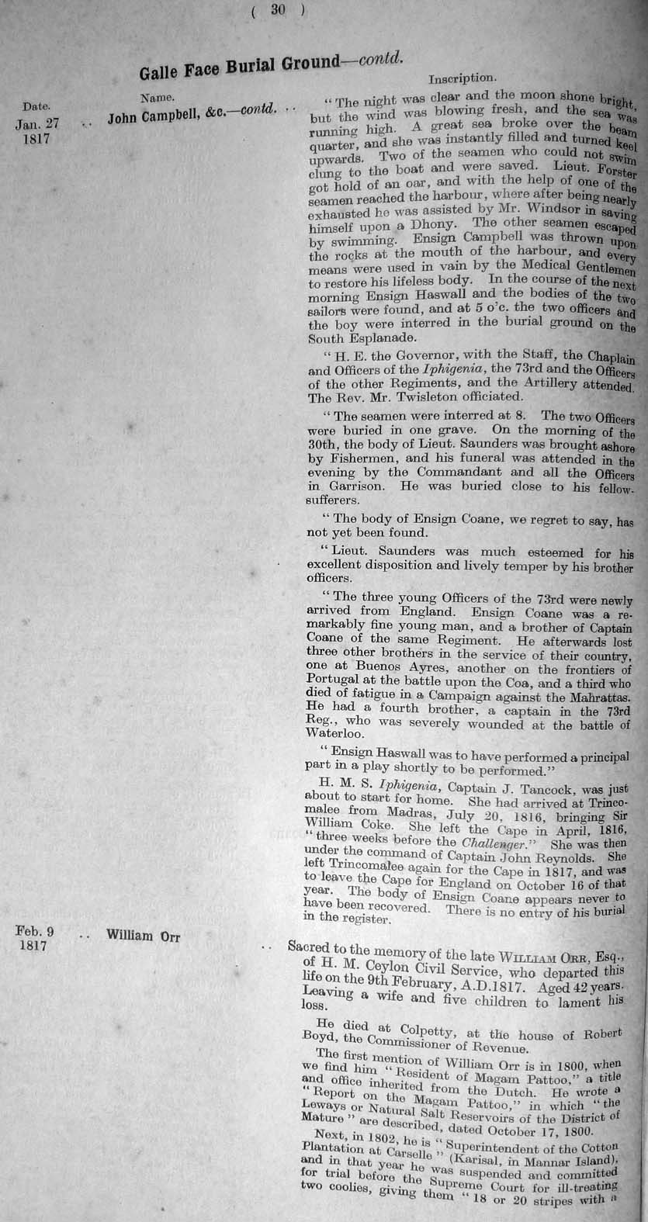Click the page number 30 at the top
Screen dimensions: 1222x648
point(279,10)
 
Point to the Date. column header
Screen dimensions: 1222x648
point(36,106)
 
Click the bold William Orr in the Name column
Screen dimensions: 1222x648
point(143,936)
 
